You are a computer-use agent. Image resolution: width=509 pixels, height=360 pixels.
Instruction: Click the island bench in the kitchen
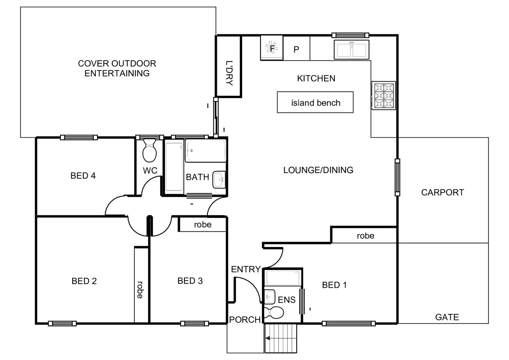(315, 102)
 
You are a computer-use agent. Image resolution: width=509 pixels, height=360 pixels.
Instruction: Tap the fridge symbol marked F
(271, 48)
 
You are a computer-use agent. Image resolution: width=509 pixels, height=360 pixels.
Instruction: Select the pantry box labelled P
(296, 49)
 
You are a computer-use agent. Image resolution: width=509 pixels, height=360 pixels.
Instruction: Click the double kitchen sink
(351, 50)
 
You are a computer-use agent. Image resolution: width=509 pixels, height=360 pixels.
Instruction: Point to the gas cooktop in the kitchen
(383, 95)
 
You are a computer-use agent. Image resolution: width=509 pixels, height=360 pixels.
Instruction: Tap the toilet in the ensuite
(273, 313)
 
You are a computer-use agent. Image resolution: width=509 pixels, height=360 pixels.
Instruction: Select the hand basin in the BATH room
(219, 180)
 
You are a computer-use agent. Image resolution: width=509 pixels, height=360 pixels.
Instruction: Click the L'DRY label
(229, 73)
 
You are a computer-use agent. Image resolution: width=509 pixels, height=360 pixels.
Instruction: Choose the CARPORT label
(442, 192)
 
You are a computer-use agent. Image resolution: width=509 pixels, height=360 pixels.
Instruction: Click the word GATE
(447, 317)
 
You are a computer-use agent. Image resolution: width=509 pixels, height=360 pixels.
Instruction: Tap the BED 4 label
(83, 176)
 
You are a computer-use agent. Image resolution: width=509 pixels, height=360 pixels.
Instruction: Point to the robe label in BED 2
(140, 290)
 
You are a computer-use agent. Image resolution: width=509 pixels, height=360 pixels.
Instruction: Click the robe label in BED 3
(203, 225)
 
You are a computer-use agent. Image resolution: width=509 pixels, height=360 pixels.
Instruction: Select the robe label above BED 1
(365, 236)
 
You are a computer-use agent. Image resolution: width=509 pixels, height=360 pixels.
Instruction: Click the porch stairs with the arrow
(280, 338)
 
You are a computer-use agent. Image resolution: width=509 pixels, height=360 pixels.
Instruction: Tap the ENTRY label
(246, 269)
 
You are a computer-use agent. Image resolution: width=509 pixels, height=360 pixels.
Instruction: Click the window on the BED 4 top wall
(79, 137)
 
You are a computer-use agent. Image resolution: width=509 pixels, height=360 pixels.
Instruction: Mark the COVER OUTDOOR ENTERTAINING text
(117, 68)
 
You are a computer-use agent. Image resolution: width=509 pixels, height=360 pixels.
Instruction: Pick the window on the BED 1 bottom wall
(348, 323)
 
